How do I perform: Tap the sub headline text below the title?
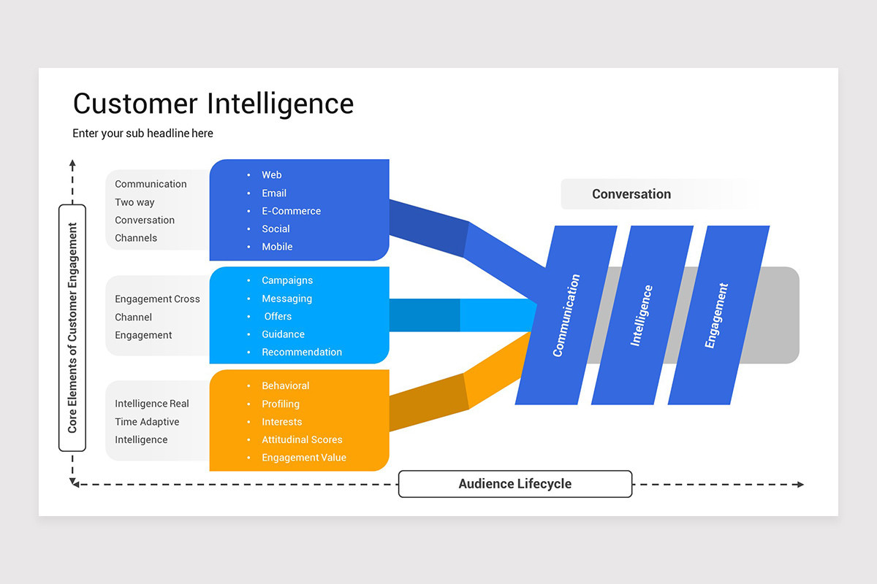click(x=143, y=134)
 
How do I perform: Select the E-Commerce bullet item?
click(x=291, y=211)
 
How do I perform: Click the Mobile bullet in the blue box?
click(x=277, y=247)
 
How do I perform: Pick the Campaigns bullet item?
click(x=287, y=280)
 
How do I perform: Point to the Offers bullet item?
click(x=278, y=316)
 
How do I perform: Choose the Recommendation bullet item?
click(x=302, y=352)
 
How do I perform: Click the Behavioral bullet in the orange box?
click(x=285, y=385)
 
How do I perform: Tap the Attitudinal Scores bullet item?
click(x=302, y=439)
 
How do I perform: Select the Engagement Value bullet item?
click(x=304, y=458)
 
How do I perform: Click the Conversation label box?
click(x=631, y=194)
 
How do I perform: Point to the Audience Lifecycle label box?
click(x=515, y=484)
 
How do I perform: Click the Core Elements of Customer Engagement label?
click(x=72, y=328)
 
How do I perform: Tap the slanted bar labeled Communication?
click(x=566, y=315)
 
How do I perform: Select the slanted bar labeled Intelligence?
click(x=642, y=315)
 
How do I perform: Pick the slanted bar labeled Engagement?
click(x=717, y=315)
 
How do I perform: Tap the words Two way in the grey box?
click(x=134, y=202)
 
